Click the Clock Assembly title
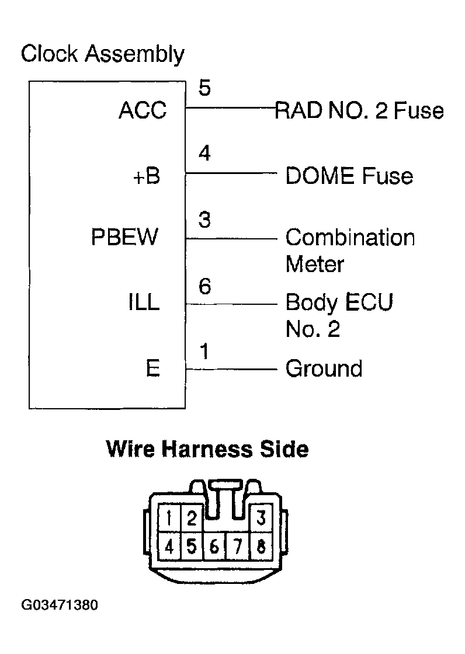102,54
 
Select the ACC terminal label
143,110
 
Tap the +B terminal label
147,176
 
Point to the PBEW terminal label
124,238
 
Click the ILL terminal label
144,303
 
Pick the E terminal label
152,369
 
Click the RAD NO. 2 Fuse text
359,110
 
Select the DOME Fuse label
349,176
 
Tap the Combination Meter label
349,251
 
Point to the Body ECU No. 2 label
339,316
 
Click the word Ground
324,369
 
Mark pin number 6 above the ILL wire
204,287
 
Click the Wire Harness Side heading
207,450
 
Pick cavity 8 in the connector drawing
261,548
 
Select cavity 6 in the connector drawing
214,548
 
